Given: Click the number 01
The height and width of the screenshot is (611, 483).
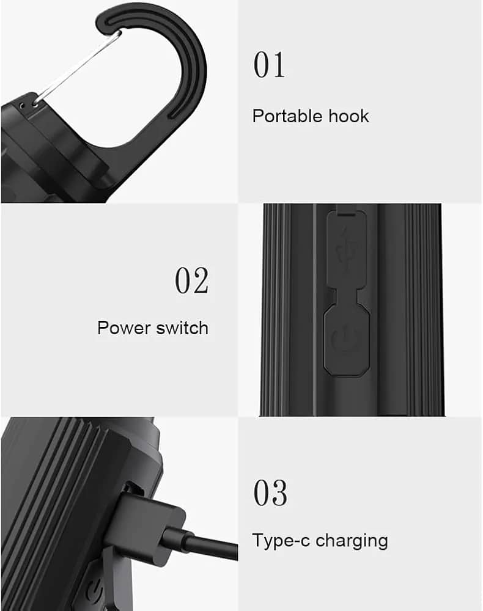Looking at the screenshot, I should tap(270, 65).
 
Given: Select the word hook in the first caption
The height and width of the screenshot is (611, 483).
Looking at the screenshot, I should tap(349, 116).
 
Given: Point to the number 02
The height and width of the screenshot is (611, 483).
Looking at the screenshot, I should tap(191, 280).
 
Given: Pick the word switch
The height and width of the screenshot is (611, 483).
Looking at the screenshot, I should tap(182, 328).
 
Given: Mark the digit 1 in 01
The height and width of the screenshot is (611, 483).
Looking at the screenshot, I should tap(279, 65).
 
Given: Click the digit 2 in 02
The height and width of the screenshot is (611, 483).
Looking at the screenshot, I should tap(201, 280).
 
